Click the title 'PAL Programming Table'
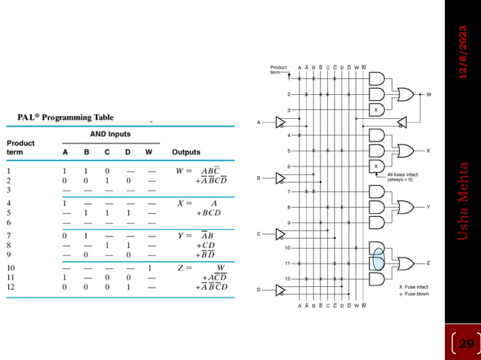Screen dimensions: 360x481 (66, 117)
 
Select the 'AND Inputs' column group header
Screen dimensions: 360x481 (110, 134)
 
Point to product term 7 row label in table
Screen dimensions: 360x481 (10, 235)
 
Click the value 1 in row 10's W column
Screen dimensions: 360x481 (149, 267)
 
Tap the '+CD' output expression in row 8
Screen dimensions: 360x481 (207, 245)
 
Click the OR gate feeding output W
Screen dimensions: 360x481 (405, 95)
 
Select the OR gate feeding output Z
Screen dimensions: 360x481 (405, 262)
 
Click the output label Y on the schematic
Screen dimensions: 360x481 (428, 206)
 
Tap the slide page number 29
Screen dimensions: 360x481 (466, 343)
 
